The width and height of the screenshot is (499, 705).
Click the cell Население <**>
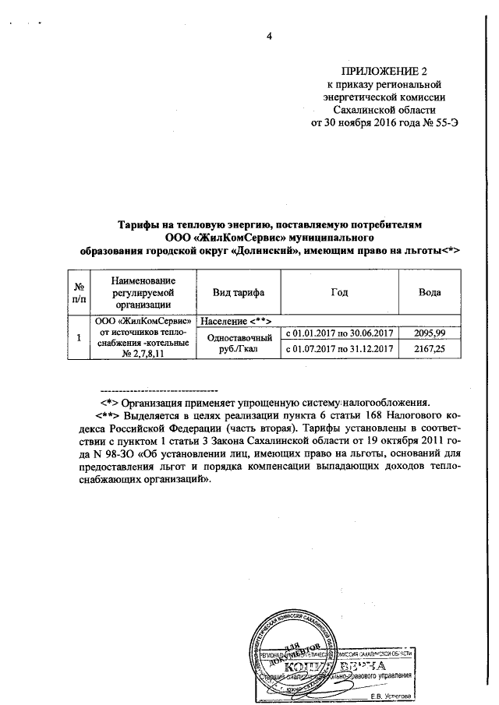235,319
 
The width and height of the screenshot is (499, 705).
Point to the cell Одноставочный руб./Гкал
236,342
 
